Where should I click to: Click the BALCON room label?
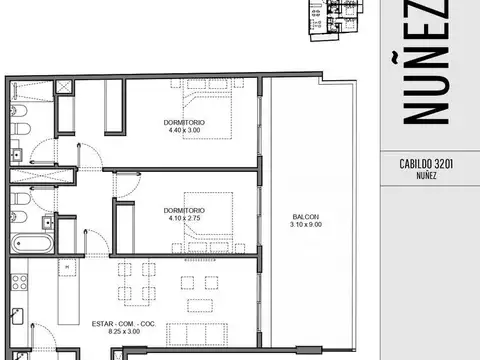(x=306, y=217)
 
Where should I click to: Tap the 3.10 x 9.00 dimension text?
(x=306, y=224)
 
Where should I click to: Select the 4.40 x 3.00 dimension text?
(x=184, y=130)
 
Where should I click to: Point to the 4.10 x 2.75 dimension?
(x=184, y=218)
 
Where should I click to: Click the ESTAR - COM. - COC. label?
(x=124, y=324)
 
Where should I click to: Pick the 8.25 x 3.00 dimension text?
(x=124, y=331)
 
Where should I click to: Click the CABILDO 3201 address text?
(x=426, y=164)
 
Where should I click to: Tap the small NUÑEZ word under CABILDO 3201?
(x=426, y=175)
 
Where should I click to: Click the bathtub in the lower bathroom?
(x=32, y=243)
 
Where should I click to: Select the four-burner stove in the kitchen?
(x=19, y=282)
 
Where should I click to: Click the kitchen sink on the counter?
(x=17, y=316)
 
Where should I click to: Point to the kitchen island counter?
(x=68, y=291)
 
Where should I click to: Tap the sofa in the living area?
(x=197, y=334)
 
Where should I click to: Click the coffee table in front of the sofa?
(x=200, y=306)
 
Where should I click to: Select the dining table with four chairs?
(x=137, y=284)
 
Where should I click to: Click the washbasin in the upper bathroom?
(x=17, y=155)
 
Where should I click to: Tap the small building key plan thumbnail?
(x=336, y=20)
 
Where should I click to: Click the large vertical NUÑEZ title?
(x=426, y=62)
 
